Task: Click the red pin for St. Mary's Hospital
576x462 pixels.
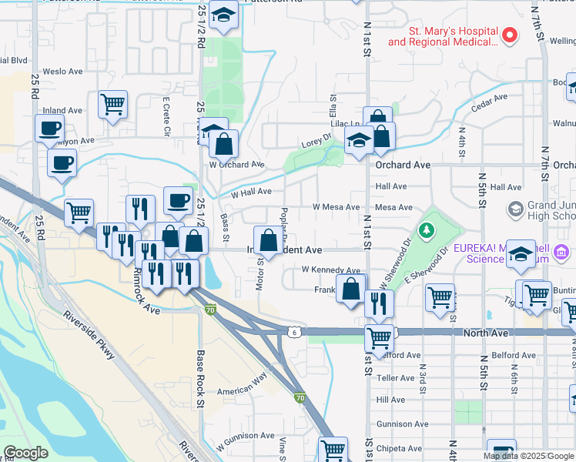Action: coord(509,35)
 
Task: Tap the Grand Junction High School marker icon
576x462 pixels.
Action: coord(515,209)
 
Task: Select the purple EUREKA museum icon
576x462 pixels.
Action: coord(561,252)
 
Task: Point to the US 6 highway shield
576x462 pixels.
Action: coord(293,331)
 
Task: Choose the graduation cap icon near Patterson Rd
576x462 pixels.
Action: coord(224,15)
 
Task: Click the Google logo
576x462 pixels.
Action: coord(25,453)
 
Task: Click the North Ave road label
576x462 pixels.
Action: coord(487,333)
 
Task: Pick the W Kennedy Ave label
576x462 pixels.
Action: coord(330,270)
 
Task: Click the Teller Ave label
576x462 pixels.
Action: coord(397,378)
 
